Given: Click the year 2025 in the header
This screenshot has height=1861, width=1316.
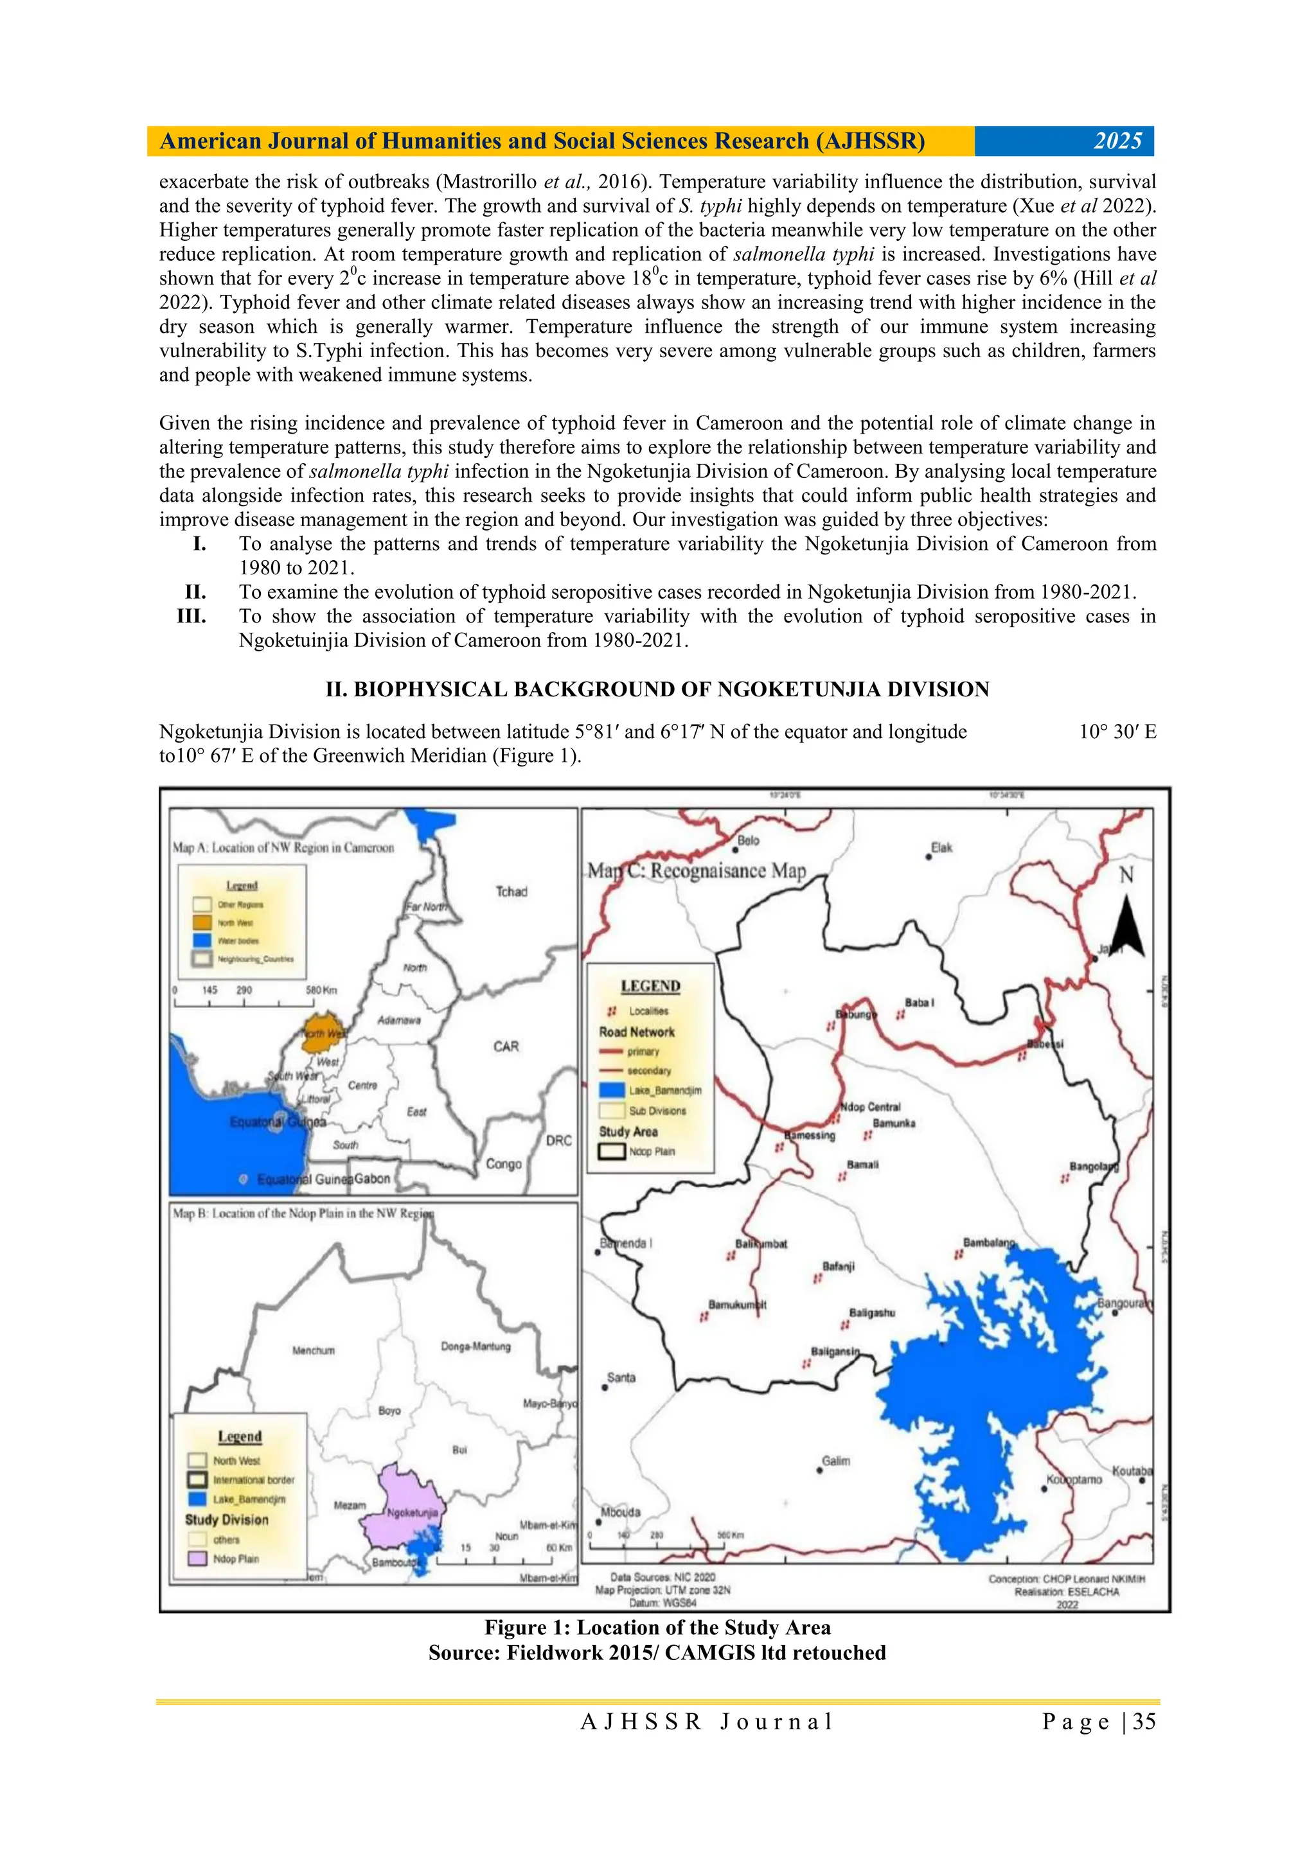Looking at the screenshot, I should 1117,141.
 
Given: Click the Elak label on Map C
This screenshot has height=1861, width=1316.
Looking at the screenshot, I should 941,848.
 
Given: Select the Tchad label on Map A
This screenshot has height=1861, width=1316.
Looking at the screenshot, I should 511,892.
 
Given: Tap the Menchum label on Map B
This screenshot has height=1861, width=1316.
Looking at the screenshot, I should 313,1350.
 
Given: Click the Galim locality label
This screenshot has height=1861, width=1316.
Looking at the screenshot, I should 836,1461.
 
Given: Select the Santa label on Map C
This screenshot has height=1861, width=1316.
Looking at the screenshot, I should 621,1377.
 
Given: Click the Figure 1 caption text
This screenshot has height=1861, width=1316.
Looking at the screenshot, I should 657,1628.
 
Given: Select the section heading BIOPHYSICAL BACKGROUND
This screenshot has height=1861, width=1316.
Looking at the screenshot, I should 657,690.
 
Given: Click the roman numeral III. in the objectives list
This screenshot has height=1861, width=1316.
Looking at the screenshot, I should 191,616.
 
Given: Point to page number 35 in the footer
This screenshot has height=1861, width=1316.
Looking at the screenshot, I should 1143,1715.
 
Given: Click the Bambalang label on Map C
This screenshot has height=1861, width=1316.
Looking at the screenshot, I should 988,1242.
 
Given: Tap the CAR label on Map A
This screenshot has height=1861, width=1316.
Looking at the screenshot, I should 506,1046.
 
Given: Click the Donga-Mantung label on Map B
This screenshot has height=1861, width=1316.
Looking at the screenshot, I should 476,1346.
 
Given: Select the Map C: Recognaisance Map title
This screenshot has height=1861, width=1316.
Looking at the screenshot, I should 697,871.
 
